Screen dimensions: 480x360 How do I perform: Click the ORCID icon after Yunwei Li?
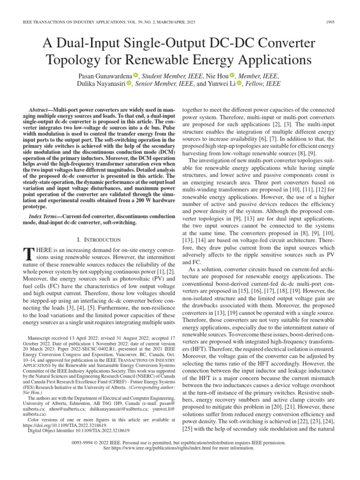[240, 84]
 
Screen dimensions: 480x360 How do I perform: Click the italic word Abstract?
[39, 108]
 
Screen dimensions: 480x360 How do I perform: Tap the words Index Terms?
[43, 217]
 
